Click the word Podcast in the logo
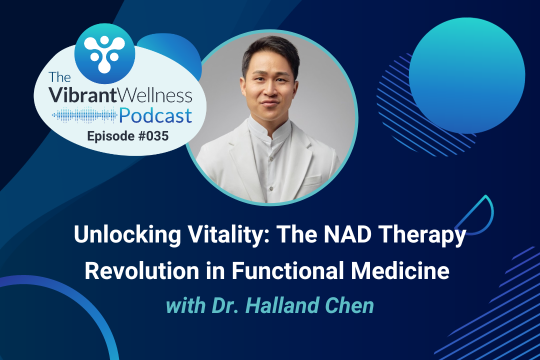point(155,116)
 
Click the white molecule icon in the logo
point(104,53)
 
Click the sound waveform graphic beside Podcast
point(84,115)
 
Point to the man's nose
point(270,90)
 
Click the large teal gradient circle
point(467,76)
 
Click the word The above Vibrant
point(59,77)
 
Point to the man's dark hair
point(271,50)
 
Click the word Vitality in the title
point(229,235)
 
